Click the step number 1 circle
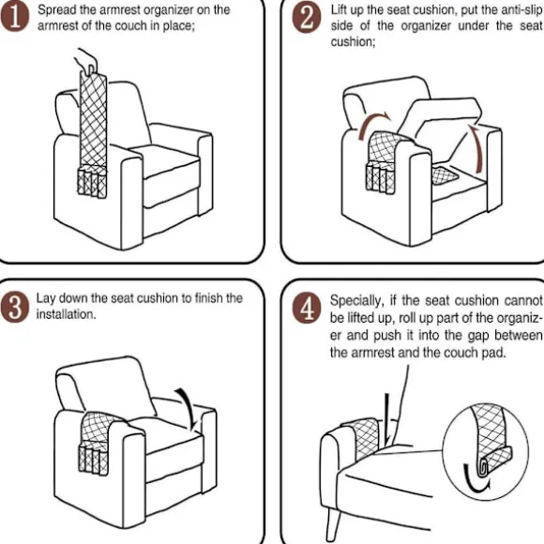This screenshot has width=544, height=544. tap(15, 18)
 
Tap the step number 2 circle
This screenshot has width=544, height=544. tap(307, 19)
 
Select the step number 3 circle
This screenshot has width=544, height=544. tap(15, 308)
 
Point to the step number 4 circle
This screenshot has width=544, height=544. tap(307, 309)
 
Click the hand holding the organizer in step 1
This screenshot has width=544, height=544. tap(85, 61)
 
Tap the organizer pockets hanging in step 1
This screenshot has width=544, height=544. tap(92, 182)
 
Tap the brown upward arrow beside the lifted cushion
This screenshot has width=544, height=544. tap(477, 148)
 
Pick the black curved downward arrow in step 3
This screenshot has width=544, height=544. tap(188, 408)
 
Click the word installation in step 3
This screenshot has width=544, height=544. tap(66, 314)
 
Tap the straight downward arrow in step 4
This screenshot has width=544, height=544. tap(387, 419)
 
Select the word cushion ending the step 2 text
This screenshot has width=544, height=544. tap(353, 42)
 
